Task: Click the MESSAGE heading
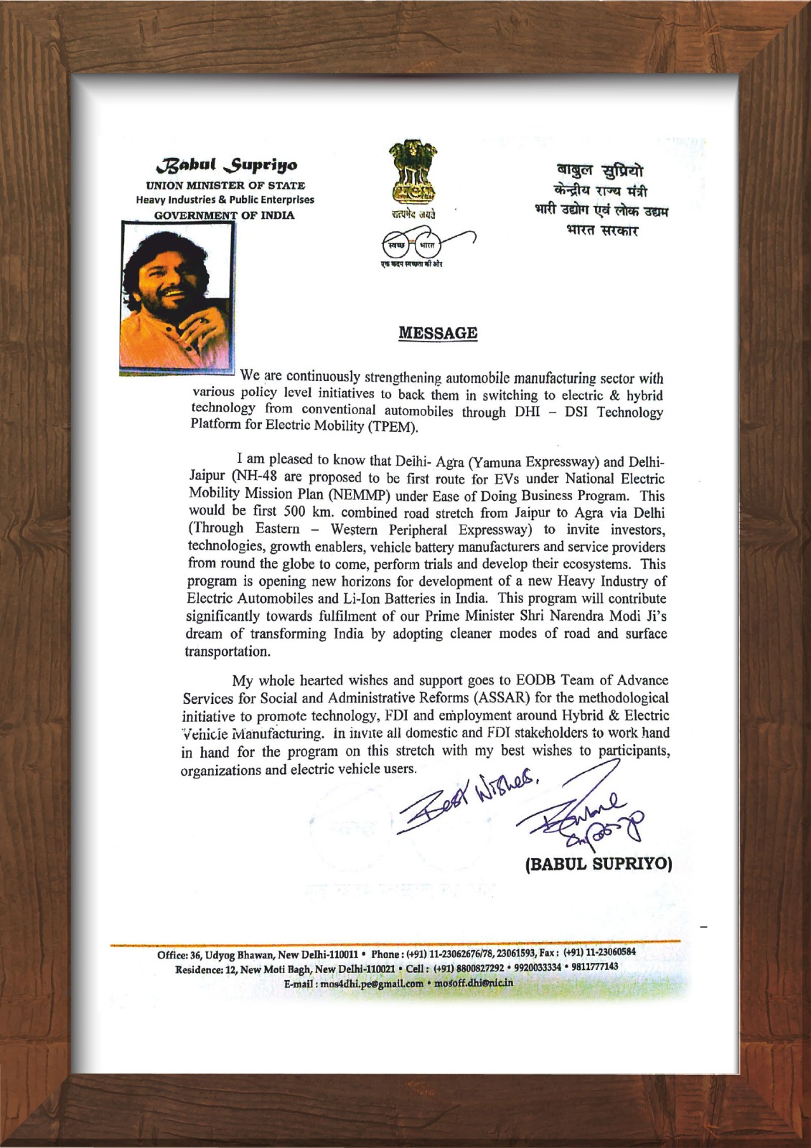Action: click(x=438, y=333)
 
